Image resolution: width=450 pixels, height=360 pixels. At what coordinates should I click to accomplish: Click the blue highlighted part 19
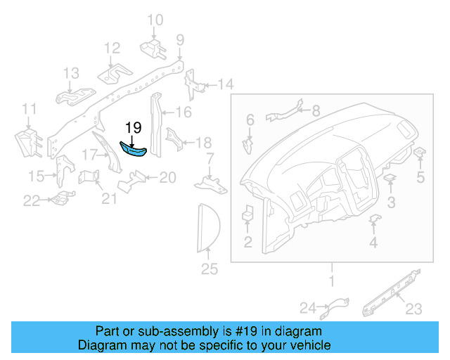click(x=133, y=150)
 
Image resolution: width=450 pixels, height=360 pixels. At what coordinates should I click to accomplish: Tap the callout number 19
click(x=134, y=128)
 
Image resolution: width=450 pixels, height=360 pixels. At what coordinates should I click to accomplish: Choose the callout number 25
click(x=210, y=269)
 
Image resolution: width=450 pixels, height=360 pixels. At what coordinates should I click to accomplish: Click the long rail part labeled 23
click(x=390, y=290)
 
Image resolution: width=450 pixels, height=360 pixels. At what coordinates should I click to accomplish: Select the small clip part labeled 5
click(x=420, y=153)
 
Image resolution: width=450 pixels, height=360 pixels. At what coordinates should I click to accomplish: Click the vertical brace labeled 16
click(x=155, y=127)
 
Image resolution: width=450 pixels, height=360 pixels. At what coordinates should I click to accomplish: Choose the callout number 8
click(x=315, y=110)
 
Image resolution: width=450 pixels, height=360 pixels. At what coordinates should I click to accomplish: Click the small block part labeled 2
click(x=248, y=214)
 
